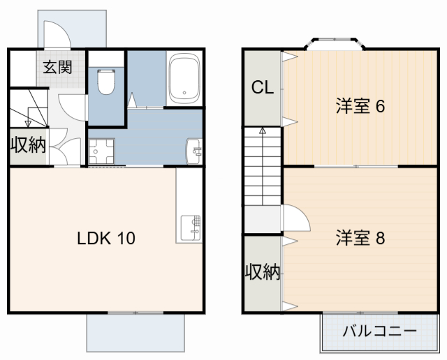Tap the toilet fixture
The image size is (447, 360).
point(106,82)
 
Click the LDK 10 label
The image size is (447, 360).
point(106,238)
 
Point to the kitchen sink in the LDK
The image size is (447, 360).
point(190,227)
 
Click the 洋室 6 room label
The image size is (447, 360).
point(360,107)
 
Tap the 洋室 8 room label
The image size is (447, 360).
point(360,238)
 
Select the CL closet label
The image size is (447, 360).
point(263,88)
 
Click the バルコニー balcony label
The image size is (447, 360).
point(379,331)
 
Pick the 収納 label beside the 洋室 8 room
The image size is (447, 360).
point(263,273)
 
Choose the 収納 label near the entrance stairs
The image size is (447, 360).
point(28,146)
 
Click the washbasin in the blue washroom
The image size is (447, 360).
point(195,149)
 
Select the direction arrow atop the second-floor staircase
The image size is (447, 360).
point(263,130)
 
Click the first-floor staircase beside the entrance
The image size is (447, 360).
point(28,108)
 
